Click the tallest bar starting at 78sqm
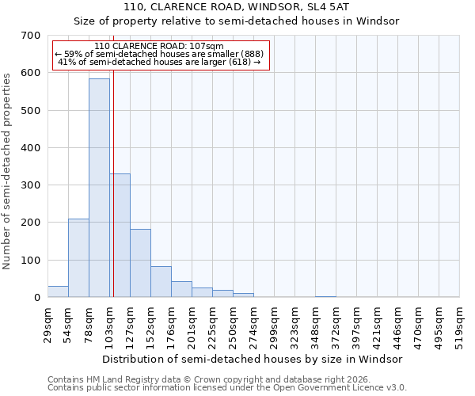(99, 188)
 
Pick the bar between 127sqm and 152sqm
(140, 263)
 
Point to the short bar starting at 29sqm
(58, 291)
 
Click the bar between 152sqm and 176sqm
(161, 282)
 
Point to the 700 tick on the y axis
(32, 36)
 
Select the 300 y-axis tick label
(32, 185)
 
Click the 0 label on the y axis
(37, 298)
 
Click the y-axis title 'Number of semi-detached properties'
(8, 171)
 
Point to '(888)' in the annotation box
(247, 54)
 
